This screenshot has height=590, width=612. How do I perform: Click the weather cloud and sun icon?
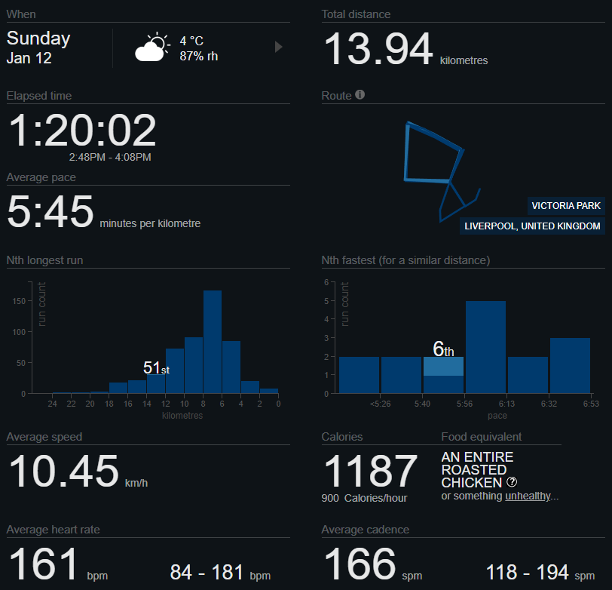click(x=152, y=48)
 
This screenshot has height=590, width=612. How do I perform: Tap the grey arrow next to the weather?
click(x=278, y=47)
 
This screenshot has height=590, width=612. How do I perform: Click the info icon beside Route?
click(x=360, y=95)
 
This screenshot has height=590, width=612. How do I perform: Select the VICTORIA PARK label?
click(x=566, y=206)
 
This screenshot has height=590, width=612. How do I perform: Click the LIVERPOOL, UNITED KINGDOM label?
click(x=532, y=226)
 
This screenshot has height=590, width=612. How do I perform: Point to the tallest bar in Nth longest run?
click(x=213, y=341)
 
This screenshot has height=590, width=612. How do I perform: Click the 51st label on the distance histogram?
click(x=156, y=368)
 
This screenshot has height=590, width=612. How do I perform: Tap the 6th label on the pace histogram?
click(x=443, y=349)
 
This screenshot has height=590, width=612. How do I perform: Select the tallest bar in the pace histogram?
click(x=485, y=347)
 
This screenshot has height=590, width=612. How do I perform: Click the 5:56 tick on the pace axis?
click(x=464, y=404)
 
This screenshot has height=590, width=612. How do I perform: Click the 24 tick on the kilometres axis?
click(x=52, y=404)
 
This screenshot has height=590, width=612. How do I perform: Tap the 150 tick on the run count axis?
click(x=18, y=300)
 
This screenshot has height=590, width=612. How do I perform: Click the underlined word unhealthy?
click(x=528, y=496)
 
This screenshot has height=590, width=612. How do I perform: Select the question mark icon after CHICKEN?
click(x=512, y=482)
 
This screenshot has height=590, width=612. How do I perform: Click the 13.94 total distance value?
click(x=378, y=51)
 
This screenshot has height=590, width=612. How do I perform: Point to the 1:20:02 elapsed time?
click(x=82, y=131)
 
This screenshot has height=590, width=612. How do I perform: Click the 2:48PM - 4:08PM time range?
click(x=110, y=157)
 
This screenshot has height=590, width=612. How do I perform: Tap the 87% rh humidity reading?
click(x=199, y=56)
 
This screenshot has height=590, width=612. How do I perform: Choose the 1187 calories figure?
click(x=370, y=472)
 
